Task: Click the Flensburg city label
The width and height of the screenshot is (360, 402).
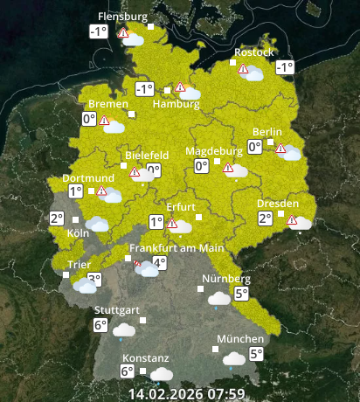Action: [x=122, y=16]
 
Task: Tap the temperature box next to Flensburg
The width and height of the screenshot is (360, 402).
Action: [x=98, y=32]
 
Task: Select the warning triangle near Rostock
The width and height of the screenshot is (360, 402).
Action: [x=242, y=67]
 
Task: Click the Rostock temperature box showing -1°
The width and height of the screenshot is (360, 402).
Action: [x=284, y=67]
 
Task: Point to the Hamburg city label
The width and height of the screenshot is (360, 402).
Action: [x=177, y=105]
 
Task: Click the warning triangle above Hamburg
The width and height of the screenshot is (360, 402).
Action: [x=180, y=87]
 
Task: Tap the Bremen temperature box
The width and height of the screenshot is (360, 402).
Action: [x=89, y=119]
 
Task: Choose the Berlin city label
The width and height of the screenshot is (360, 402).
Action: [x=267, y=132]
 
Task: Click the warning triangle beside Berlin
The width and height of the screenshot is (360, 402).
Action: [x=280, y=149]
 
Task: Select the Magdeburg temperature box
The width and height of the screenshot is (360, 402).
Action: [x=201, y=166]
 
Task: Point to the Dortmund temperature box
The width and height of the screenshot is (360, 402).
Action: [x=75, y=191]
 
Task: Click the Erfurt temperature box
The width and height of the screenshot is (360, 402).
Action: [x=156, y=222]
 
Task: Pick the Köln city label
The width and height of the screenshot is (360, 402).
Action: [x=78, y=233]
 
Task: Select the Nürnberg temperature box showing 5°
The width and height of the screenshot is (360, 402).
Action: [x=239, y=295]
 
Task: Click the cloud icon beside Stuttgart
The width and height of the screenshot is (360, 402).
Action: [x=124, y=329]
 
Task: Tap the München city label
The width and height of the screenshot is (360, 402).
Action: [x=240, y=339]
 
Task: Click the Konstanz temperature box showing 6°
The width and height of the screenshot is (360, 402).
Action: [x=128, y=371]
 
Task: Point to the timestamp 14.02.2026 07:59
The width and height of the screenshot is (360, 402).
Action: [x=186, y=393]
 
